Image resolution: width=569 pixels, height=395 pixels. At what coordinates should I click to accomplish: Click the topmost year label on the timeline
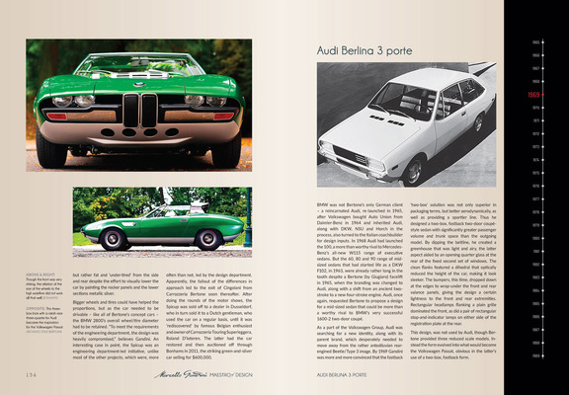535,43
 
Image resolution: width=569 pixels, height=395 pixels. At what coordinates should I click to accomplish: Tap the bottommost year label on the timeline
535,353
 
